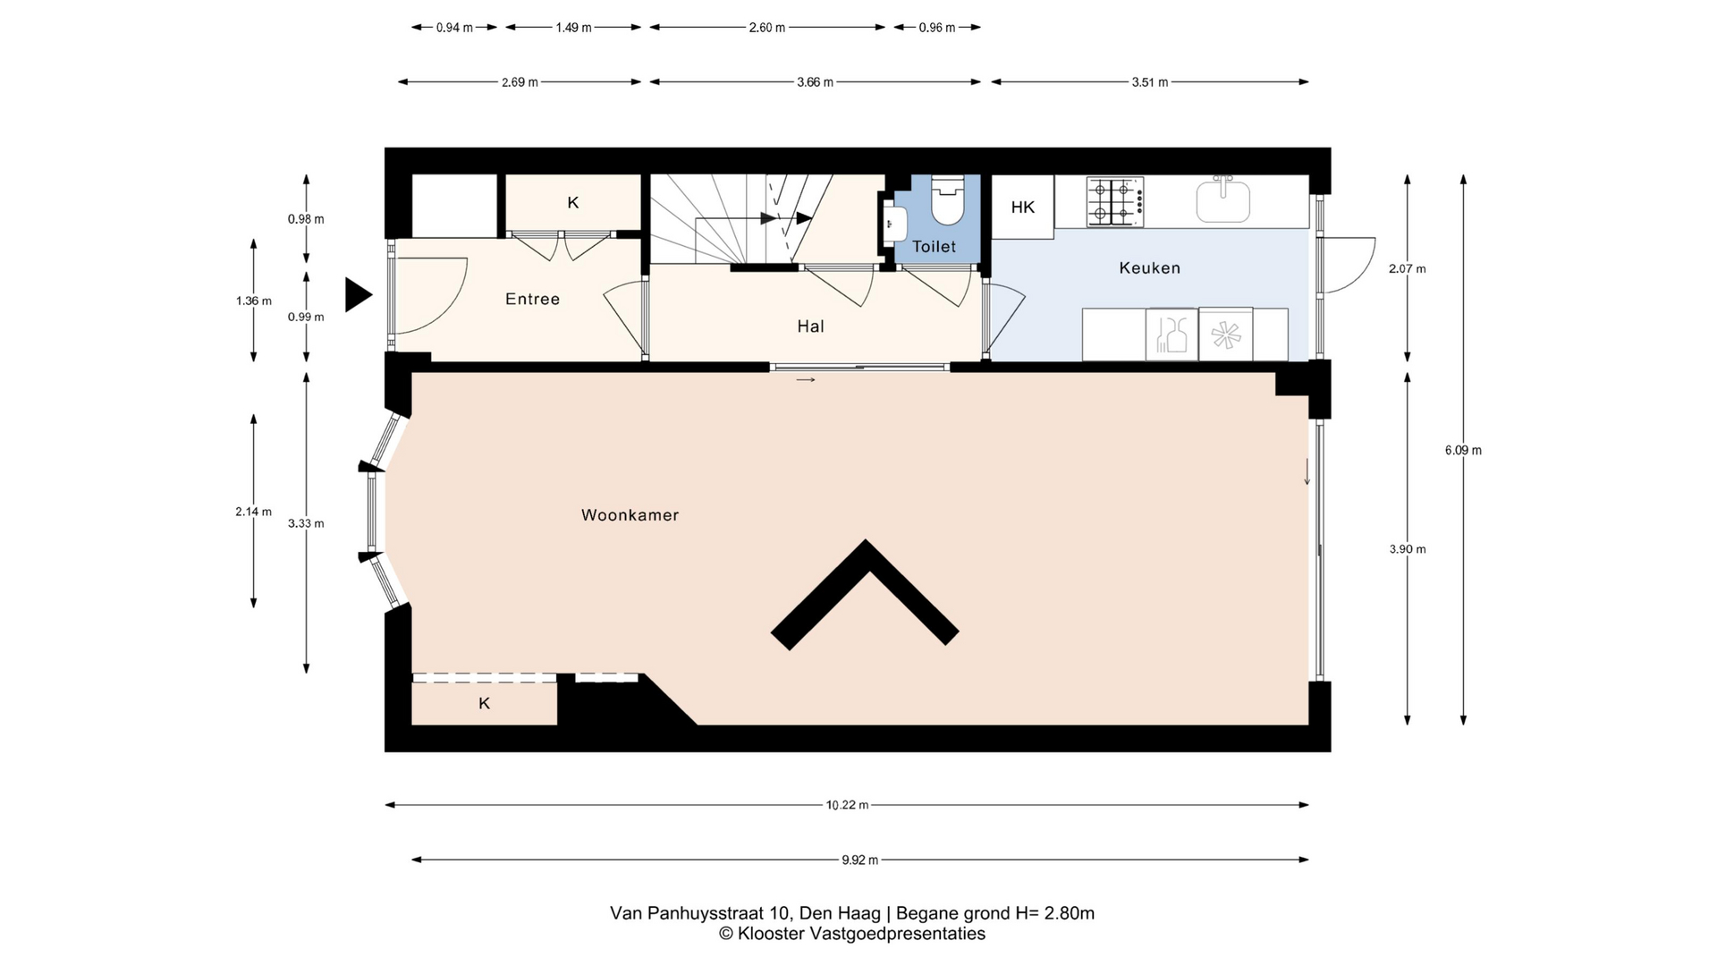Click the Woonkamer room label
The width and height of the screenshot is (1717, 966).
pyautogui.click(x=630, y=515)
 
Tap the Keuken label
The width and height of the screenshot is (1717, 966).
pyautogui.click(x=1149, y=267)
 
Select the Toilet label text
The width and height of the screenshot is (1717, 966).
pyautogui.click(x=934, y=247)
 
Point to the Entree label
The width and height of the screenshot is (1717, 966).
pyautogui.click(x=532, y=299)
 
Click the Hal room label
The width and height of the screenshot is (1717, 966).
pyautogui.click(x=810, y=326)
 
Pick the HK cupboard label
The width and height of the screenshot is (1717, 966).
pyautogui.click(x=1022, y=208)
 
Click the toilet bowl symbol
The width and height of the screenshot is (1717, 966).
pyautogui.click(x=947, y=199)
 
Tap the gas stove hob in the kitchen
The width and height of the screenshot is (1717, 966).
pyautogui.click(x=1114, y=201)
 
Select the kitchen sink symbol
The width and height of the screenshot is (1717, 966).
pyautogui.click(x=1223, y=199)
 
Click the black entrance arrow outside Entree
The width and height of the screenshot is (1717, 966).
pyautogui.click(x=357, y=294)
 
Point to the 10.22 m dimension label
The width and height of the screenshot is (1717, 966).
pyautogui.click(x=847, y=805)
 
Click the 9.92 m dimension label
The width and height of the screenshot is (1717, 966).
pyautogui.click(x=859, y=860)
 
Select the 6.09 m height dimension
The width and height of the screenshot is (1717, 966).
pyautogui.click(x=1463, y=451)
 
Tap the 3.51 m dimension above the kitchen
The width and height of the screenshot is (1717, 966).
pyautogui.click(x=1149, y=82)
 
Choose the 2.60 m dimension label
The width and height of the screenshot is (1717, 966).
pyautogui.click(x=766, y=28)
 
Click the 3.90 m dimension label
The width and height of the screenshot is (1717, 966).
pyautogui.click(x=1408, y=549)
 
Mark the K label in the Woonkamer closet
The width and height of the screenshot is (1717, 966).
pyautogui.click(x=484, y=703)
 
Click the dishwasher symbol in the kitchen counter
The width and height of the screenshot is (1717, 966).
pyautogui.click(x=1225, y=335)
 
